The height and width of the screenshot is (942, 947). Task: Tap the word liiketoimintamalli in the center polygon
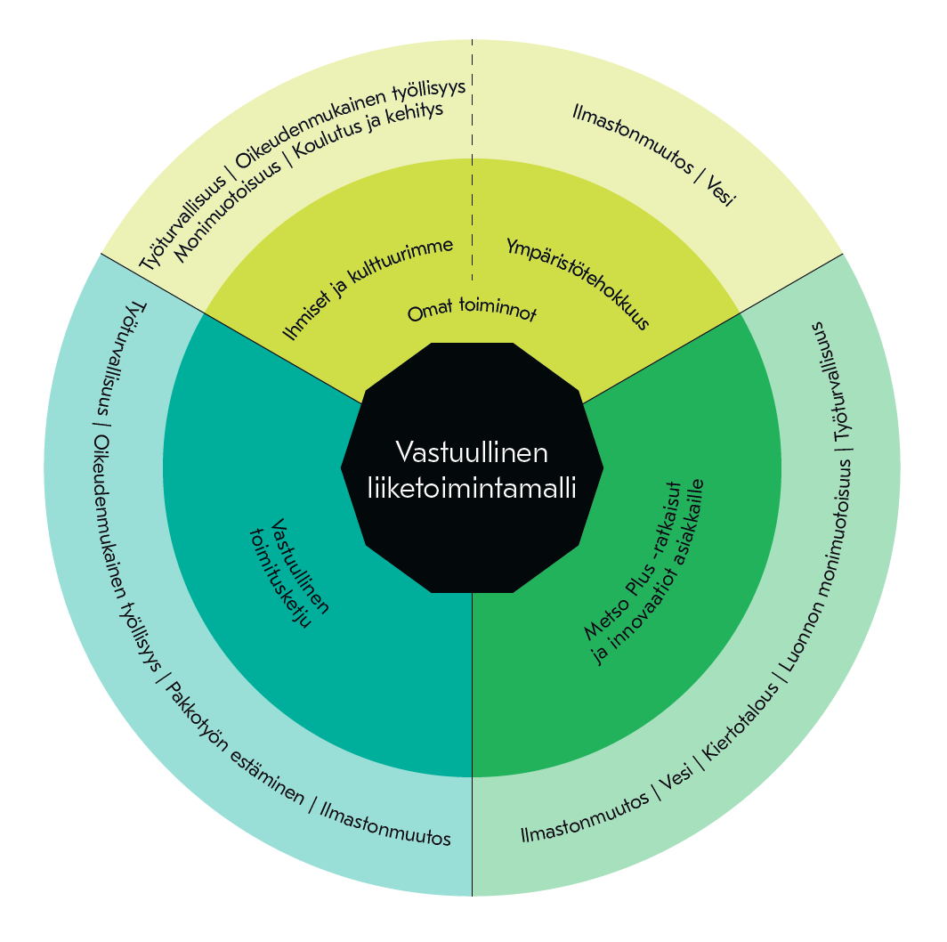pos(472,488)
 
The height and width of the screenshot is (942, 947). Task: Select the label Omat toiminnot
pos(473,311)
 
